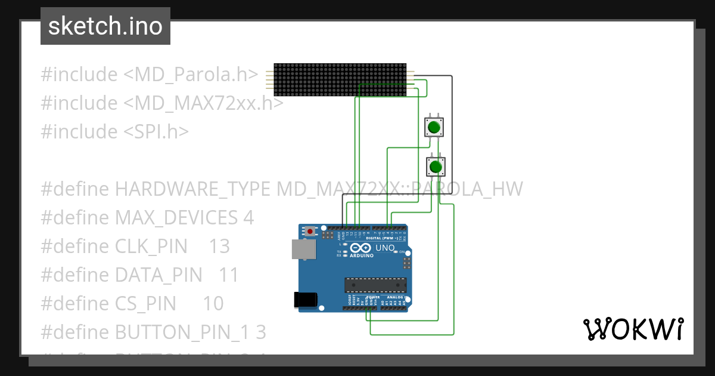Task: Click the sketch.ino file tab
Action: click(105, 26)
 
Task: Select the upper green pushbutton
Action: click(434, 127)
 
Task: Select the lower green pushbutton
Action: click(436, 166)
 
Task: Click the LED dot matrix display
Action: click(340, 79)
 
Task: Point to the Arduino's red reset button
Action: click(309, 230)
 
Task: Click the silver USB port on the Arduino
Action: click(303, 249)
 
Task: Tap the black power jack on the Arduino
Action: click(305, 300)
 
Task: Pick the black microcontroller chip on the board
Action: click(375, 286)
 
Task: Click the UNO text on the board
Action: click(385, 248)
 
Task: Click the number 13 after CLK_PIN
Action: click(219, 246)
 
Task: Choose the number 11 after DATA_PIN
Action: click(229, 275)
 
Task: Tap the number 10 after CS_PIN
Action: click(213, 304)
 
